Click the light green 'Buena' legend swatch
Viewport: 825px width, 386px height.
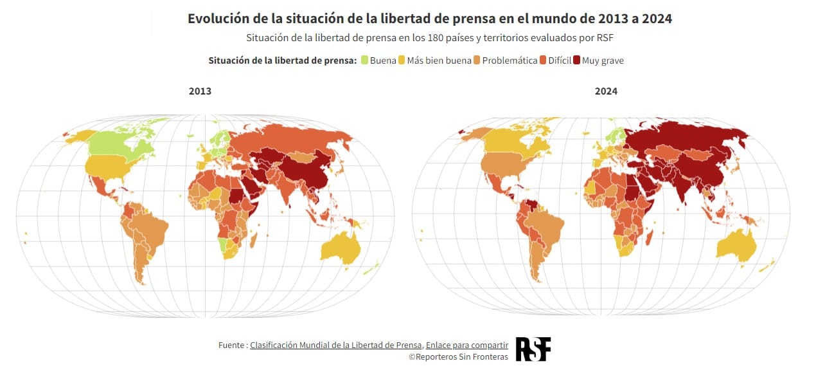(x=364, y=60)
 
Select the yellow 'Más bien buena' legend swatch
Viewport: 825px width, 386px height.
(x=402, y=60)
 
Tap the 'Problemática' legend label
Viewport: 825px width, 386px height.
(x=510, y=60)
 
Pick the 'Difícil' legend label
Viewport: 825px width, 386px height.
(x=560, y=60)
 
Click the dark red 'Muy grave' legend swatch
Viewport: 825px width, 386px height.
(x=577, y=60)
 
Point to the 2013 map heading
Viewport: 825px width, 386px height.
(x=200, y=91)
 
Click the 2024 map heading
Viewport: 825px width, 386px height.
(x=606, y=91)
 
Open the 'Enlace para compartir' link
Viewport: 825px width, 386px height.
(x=467, y=345)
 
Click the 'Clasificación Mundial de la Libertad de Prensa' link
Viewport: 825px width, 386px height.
(x=336, y=345)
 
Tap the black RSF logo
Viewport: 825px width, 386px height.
(x=533, y=349)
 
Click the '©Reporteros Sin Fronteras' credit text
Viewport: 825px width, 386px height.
(x=459, y=357)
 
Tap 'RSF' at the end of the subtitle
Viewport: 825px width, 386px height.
(x=606, y=38)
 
